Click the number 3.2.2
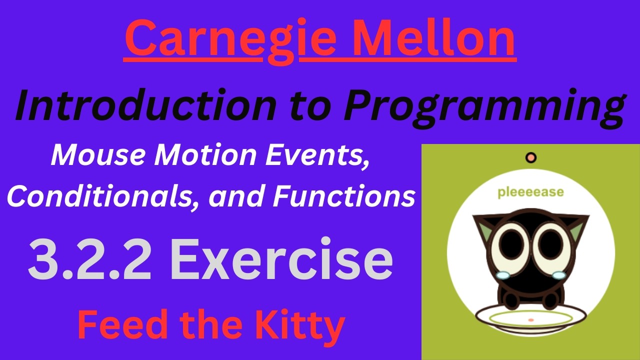click(90, 260)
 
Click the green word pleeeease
click(530, 192)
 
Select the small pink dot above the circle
click(531, 158)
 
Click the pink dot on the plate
click(531, 319)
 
